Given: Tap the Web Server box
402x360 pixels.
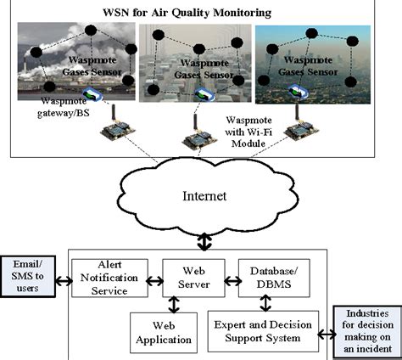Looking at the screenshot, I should pyautogui.click(x=192, y=277).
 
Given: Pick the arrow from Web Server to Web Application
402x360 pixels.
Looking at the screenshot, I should pyautogui.click(x=173, y=303).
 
